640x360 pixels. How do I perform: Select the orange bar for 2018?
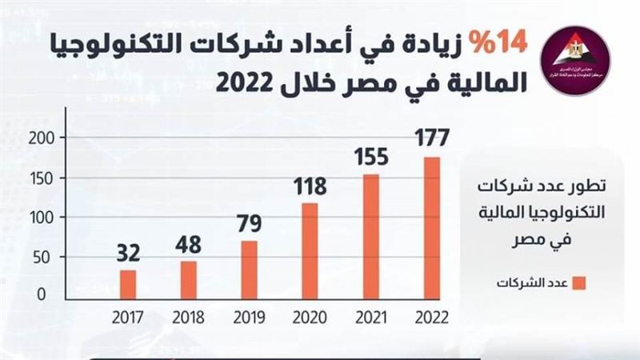[x=188, y=278]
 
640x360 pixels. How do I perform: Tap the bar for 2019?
[x=248, y=269]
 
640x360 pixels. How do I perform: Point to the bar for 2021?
[x=370, y=235]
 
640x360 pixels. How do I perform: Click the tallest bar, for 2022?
[x=431, y=226]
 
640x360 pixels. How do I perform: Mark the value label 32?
[x=127, y=253]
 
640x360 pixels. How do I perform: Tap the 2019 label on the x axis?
[x=249, y=315]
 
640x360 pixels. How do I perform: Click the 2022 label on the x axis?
[x=431, y=315]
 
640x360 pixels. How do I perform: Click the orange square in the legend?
[x=581, y=283]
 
